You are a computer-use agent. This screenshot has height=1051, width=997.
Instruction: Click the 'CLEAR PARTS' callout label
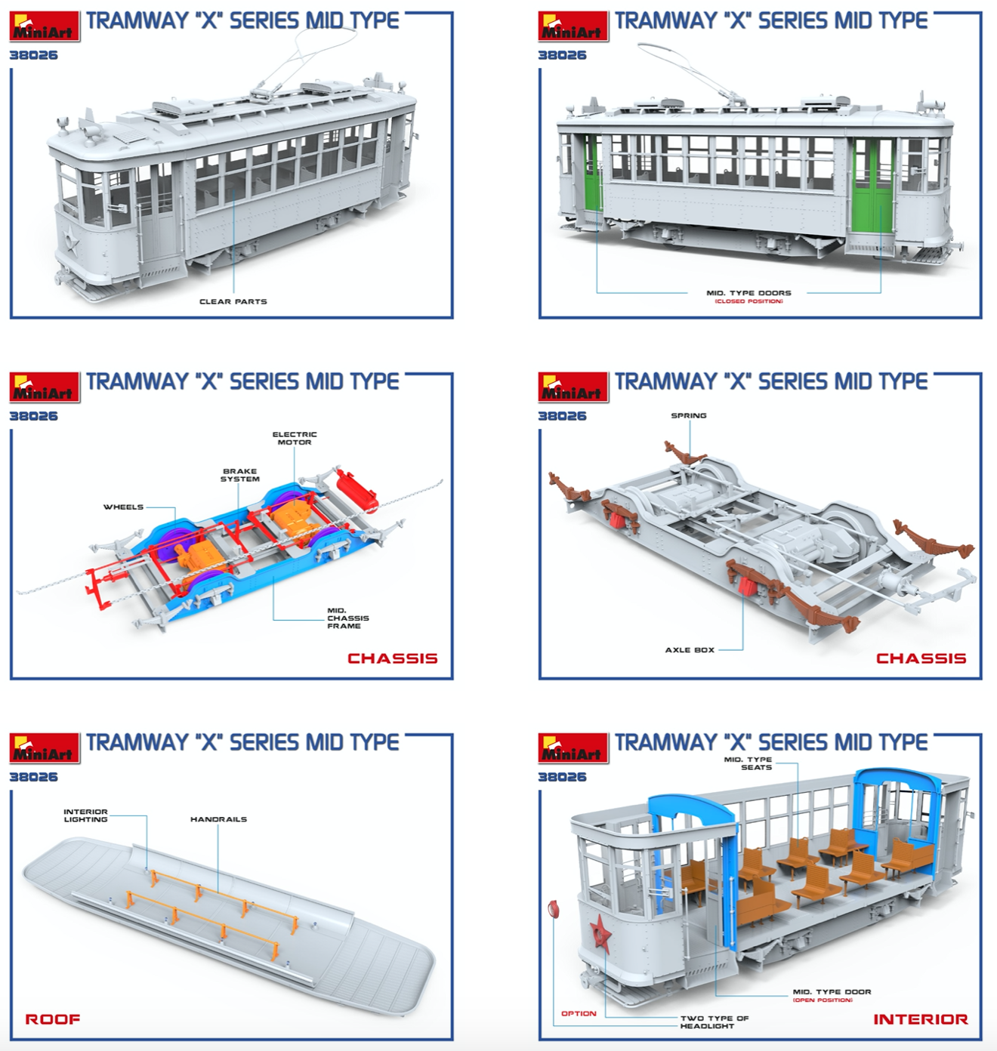pyautogui.click(x=233, y=301)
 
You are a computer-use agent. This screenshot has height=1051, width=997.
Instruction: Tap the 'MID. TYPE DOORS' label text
pyautogui.click(x=749, y=293)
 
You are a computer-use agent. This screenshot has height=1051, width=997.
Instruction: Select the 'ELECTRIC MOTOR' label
pyautogui.click(x=295, y=439)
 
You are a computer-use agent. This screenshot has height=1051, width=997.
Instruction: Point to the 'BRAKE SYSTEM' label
pyautogui.click(x=240, y=475)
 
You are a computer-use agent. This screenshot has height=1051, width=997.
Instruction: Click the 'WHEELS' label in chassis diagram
pyautogui.click(x=124, y=507)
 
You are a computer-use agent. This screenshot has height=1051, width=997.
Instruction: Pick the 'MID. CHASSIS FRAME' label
pyautogui.click(x=347, y=618)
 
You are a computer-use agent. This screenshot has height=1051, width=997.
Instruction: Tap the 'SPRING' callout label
pyautogui.click(x=689, y=415)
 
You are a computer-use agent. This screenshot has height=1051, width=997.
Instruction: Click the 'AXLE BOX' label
pyautogui.click(x=690, y=650)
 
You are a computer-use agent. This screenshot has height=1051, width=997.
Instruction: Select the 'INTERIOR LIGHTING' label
pyautogui.click(x=85, y=815)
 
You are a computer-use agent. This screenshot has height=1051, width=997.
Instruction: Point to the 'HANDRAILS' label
pyautogui.click(x=219, y=819)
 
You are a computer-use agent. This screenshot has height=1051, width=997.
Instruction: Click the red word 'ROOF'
pyautogui.click(x=52, y=1019)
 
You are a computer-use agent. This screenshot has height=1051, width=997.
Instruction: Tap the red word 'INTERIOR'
pyautogui.click(x=921, y=1019)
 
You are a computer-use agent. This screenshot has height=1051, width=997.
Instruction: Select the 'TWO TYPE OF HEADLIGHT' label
pyautogui.click(x=715, y=1022)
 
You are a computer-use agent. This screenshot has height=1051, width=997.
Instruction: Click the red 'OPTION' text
pyautogui.click(x=579, y=1013)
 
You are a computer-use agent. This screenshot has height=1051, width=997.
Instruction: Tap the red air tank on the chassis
pyautogui.click(x=357, y=490)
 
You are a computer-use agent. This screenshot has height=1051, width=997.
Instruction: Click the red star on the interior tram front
pyautogui.click(x=600, y=932)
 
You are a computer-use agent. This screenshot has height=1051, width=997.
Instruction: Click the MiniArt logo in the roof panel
pyautogui.click(x=45, y=748)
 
